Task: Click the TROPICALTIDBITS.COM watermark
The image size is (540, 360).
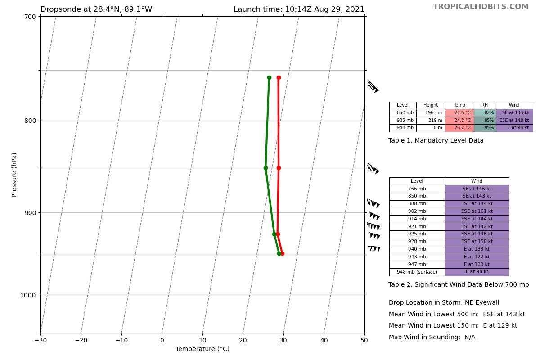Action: coord(481,7)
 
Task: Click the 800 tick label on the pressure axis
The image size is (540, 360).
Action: coord(30,121)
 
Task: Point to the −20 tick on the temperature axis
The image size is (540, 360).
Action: coord(81,340)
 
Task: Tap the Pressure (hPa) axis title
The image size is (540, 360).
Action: coord(14,175)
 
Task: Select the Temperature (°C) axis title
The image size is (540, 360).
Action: coord(202,349)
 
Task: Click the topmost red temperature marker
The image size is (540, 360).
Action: coord(279,78)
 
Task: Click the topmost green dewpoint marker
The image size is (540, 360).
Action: coord(269,78)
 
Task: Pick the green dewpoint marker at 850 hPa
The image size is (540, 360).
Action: coord(265,168)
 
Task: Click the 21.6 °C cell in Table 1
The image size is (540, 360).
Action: coord(459,113)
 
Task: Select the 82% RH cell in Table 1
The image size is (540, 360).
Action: coord(485,113)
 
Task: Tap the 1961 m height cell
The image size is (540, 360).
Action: coord(431,113)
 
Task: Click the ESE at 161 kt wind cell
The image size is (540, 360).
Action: coord(477,211)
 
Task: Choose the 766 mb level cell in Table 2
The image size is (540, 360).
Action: coord(417,189)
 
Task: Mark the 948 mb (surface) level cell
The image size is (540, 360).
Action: coord(417,272)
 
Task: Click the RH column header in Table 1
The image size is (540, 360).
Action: coord(485,105)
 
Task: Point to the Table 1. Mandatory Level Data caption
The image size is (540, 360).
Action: coord(436,141)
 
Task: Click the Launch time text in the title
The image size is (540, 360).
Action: coord(299,9)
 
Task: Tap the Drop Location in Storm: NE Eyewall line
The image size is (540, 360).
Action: coord(444,303)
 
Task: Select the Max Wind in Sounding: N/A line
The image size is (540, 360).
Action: coord(432,337)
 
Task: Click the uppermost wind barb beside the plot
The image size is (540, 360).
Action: coord(373,87)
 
